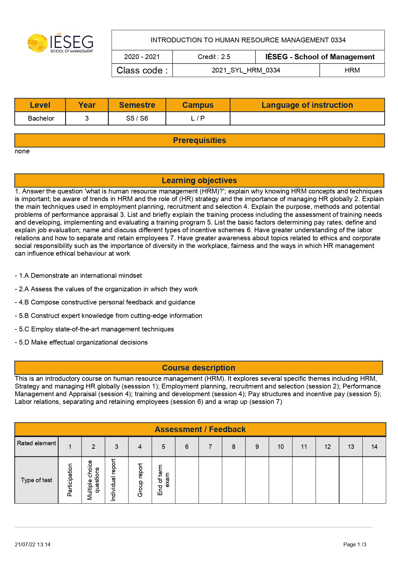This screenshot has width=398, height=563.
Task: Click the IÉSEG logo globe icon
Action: tap(37, 43)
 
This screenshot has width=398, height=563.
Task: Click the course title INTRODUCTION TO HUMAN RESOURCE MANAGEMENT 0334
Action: tap(248, 40)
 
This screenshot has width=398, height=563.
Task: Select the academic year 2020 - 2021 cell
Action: tap(142, 57)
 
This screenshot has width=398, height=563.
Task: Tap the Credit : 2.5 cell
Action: tap(214, 57)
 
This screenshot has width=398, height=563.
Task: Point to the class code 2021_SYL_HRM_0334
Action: tap(246, 70)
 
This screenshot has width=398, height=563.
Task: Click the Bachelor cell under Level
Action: tap(41, 118)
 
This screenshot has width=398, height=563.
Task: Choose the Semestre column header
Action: tap(137, 105)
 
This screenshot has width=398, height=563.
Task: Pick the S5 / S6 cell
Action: tap(137, 118)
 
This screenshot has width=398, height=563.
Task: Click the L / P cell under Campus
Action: tap(198, 118)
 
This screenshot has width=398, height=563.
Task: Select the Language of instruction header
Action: tap(307, 105)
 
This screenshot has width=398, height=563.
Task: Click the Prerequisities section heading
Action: tap(199, 141)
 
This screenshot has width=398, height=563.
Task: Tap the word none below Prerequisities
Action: tap(22, 151)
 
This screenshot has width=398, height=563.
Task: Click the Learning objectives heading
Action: tap(199, 181)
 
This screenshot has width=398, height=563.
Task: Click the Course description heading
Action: tap(199, 368)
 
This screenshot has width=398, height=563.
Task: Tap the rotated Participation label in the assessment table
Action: tap(70, 480)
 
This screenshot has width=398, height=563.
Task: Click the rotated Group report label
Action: tap(140, 480)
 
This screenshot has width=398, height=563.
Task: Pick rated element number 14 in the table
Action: tap(374, 447)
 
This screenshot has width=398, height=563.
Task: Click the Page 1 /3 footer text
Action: tap(355, 544)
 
